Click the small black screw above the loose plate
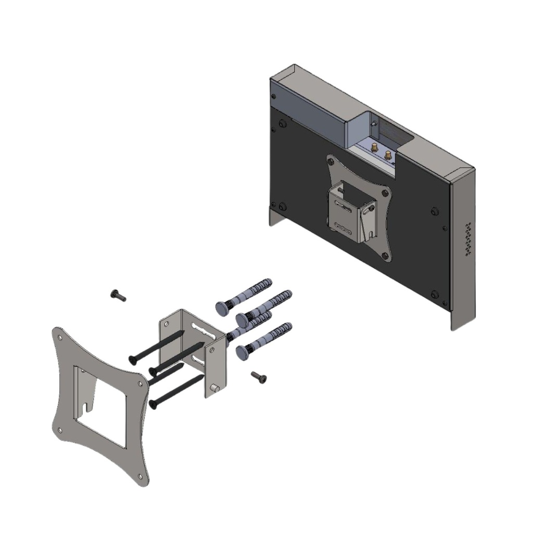(118, 296)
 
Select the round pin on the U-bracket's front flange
(214, 388)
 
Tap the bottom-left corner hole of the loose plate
(60, 430)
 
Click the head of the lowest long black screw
(153, 403)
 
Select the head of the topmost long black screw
(133, 359)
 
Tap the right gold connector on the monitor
(388, 155)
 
